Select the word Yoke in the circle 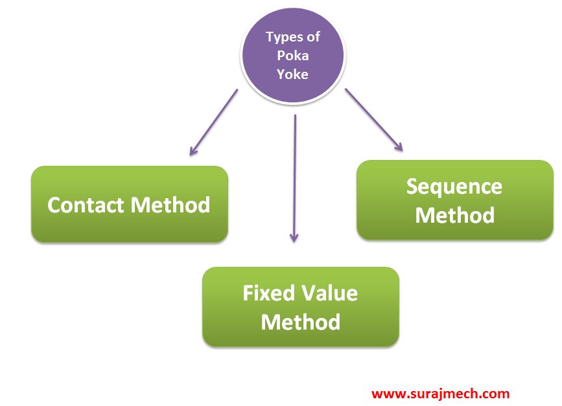(292, 73)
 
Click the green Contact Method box (130, 205)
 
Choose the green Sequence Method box (454, 200)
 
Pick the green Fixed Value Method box (300, 307)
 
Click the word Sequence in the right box (454, 186)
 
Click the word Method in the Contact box (170, 205)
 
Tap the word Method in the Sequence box (454, 215)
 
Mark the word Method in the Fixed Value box (300, 322)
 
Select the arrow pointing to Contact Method (213, 122)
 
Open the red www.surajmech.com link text (440, 393)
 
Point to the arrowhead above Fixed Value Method (294, 238)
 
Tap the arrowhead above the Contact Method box (193, 152)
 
